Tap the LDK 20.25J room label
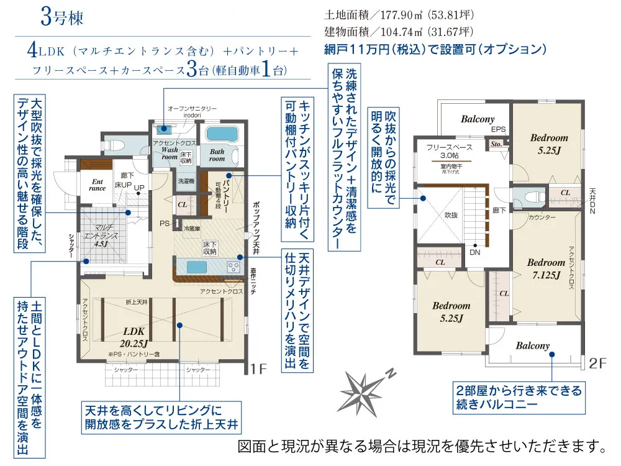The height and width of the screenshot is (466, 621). point(134,336)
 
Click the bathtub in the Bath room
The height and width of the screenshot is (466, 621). point(218,135)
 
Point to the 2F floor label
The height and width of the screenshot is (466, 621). point(597,364)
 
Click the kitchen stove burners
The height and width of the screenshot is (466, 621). point(234,268)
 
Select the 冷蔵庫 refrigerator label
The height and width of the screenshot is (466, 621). point(193,229)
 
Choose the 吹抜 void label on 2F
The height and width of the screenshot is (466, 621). point(450,215)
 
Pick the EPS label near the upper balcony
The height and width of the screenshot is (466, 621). point(498,130)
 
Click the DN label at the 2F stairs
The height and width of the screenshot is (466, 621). point(474,254)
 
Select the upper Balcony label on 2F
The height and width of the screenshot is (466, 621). point(478,119)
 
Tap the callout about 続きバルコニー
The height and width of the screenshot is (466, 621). point(519,398)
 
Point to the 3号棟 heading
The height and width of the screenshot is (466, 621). point(61,17)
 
